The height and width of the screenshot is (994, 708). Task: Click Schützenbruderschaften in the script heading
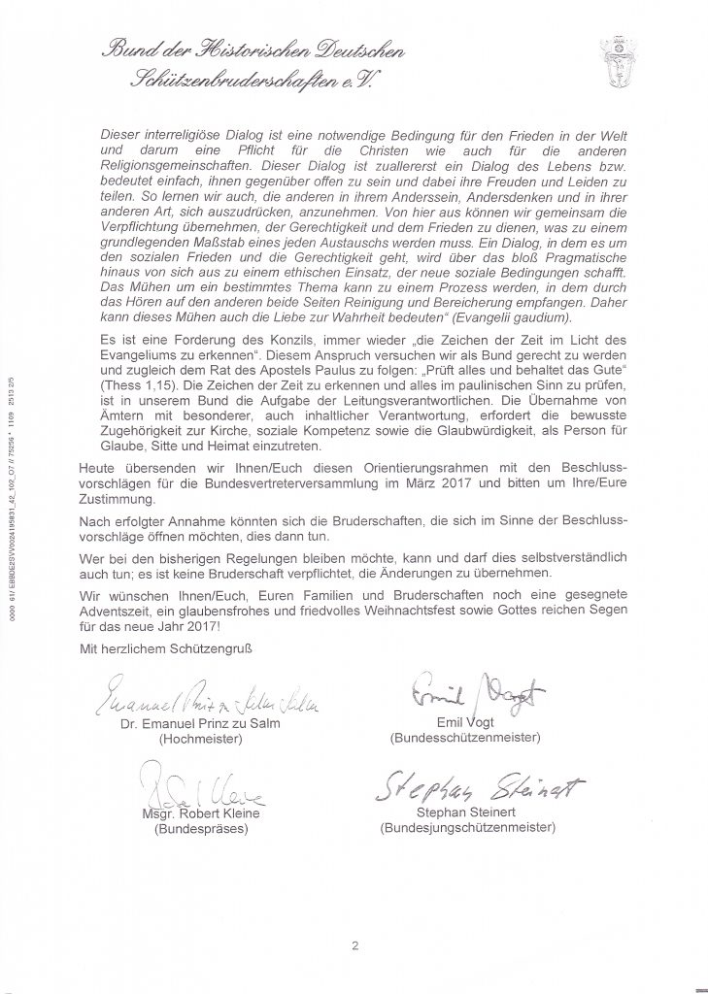[x=238, y=85]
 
